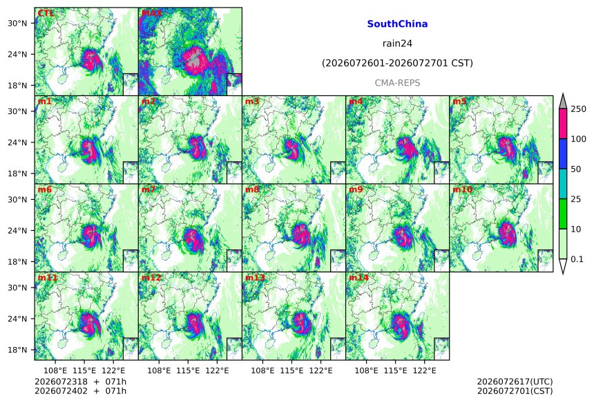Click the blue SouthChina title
[397, 24]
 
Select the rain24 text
[397, 44]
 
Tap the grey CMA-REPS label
[397, 83]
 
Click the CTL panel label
[46, 13]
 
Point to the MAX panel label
[151, 13]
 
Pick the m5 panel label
[459, 101]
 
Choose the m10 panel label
[462, 189]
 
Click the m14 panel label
[358, 277]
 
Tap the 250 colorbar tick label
[578, 109]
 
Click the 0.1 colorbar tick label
[577, 259]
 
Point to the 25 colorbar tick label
[576, 199]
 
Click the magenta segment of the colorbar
[564, 124]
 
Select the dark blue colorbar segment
[564, 153]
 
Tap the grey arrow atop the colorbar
[564, 101]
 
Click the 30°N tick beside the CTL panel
[17, 23]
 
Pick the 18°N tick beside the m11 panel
[17, 350]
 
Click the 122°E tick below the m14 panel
[424, 371]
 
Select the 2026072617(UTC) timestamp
[515, 382]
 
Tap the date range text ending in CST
[397, 63]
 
